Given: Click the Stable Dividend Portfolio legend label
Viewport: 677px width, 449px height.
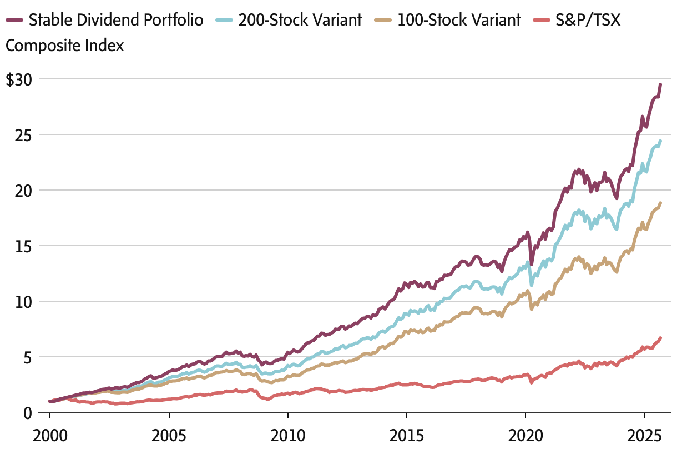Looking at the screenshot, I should tap(115, 21).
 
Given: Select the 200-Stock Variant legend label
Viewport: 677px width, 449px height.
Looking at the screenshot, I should tap(300, 21).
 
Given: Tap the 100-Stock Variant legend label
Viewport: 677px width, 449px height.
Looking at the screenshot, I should tap(459, 21).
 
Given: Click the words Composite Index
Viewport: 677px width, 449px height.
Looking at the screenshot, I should tap(65, 46).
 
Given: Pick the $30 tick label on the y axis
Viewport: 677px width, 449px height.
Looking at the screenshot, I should tap(19, 79).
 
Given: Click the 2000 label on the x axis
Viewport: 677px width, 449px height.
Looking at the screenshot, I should tap(50, 433).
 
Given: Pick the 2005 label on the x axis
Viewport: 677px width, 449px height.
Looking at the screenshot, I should tap(169, 433).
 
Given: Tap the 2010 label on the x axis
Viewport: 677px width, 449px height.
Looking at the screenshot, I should tap(287, 433).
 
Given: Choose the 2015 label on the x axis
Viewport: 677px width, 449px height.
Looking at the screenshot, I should tap(407, 433).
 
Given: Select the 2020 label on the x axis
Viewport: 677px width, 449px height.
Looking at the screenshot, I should tap(526, 433).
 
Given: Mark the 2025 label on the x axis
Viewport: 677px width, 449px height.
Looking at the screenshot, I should tap(644, 433).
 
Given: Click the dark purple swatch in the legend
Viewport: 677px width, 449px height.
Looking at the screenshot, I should tap(14, 21).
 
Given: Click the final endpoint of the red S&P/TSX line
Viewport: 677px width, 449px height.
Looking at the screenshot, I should tap(660, 338).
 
